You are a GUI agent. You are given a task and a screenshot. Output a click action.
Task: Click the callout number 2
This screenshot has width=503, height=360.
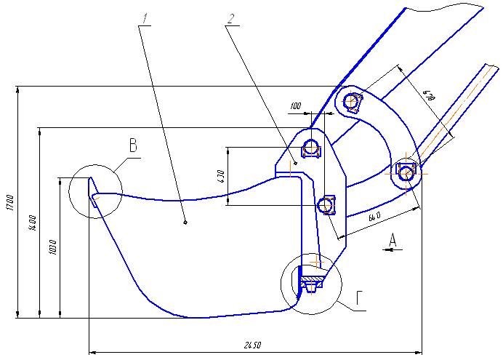point(231,17)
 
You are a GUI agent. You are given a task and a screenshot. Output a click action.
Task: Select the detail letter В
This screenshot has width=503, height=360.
point(133,145)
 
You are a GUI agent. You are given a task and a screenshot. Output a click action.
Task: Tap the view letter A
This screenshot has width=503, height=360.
point(393,238)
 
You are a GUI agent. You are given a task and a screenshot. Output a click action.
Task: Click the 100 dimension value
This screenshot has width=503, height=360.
point(295,107)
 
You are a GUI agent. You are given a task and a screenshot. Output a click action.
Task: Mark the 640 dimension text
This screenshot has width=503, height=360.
point(374,216)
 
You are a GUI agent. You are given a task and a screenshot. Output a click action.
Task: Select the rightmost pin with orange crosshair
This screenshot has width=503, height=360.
point(406,173)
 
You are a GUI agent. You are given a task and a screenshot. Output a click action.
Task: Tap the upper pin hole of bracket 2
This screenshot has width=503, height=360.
point(312,148)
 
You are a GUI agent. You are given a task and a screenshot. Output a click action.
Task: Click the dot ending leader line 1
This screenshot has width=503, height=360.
point(185,223)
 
